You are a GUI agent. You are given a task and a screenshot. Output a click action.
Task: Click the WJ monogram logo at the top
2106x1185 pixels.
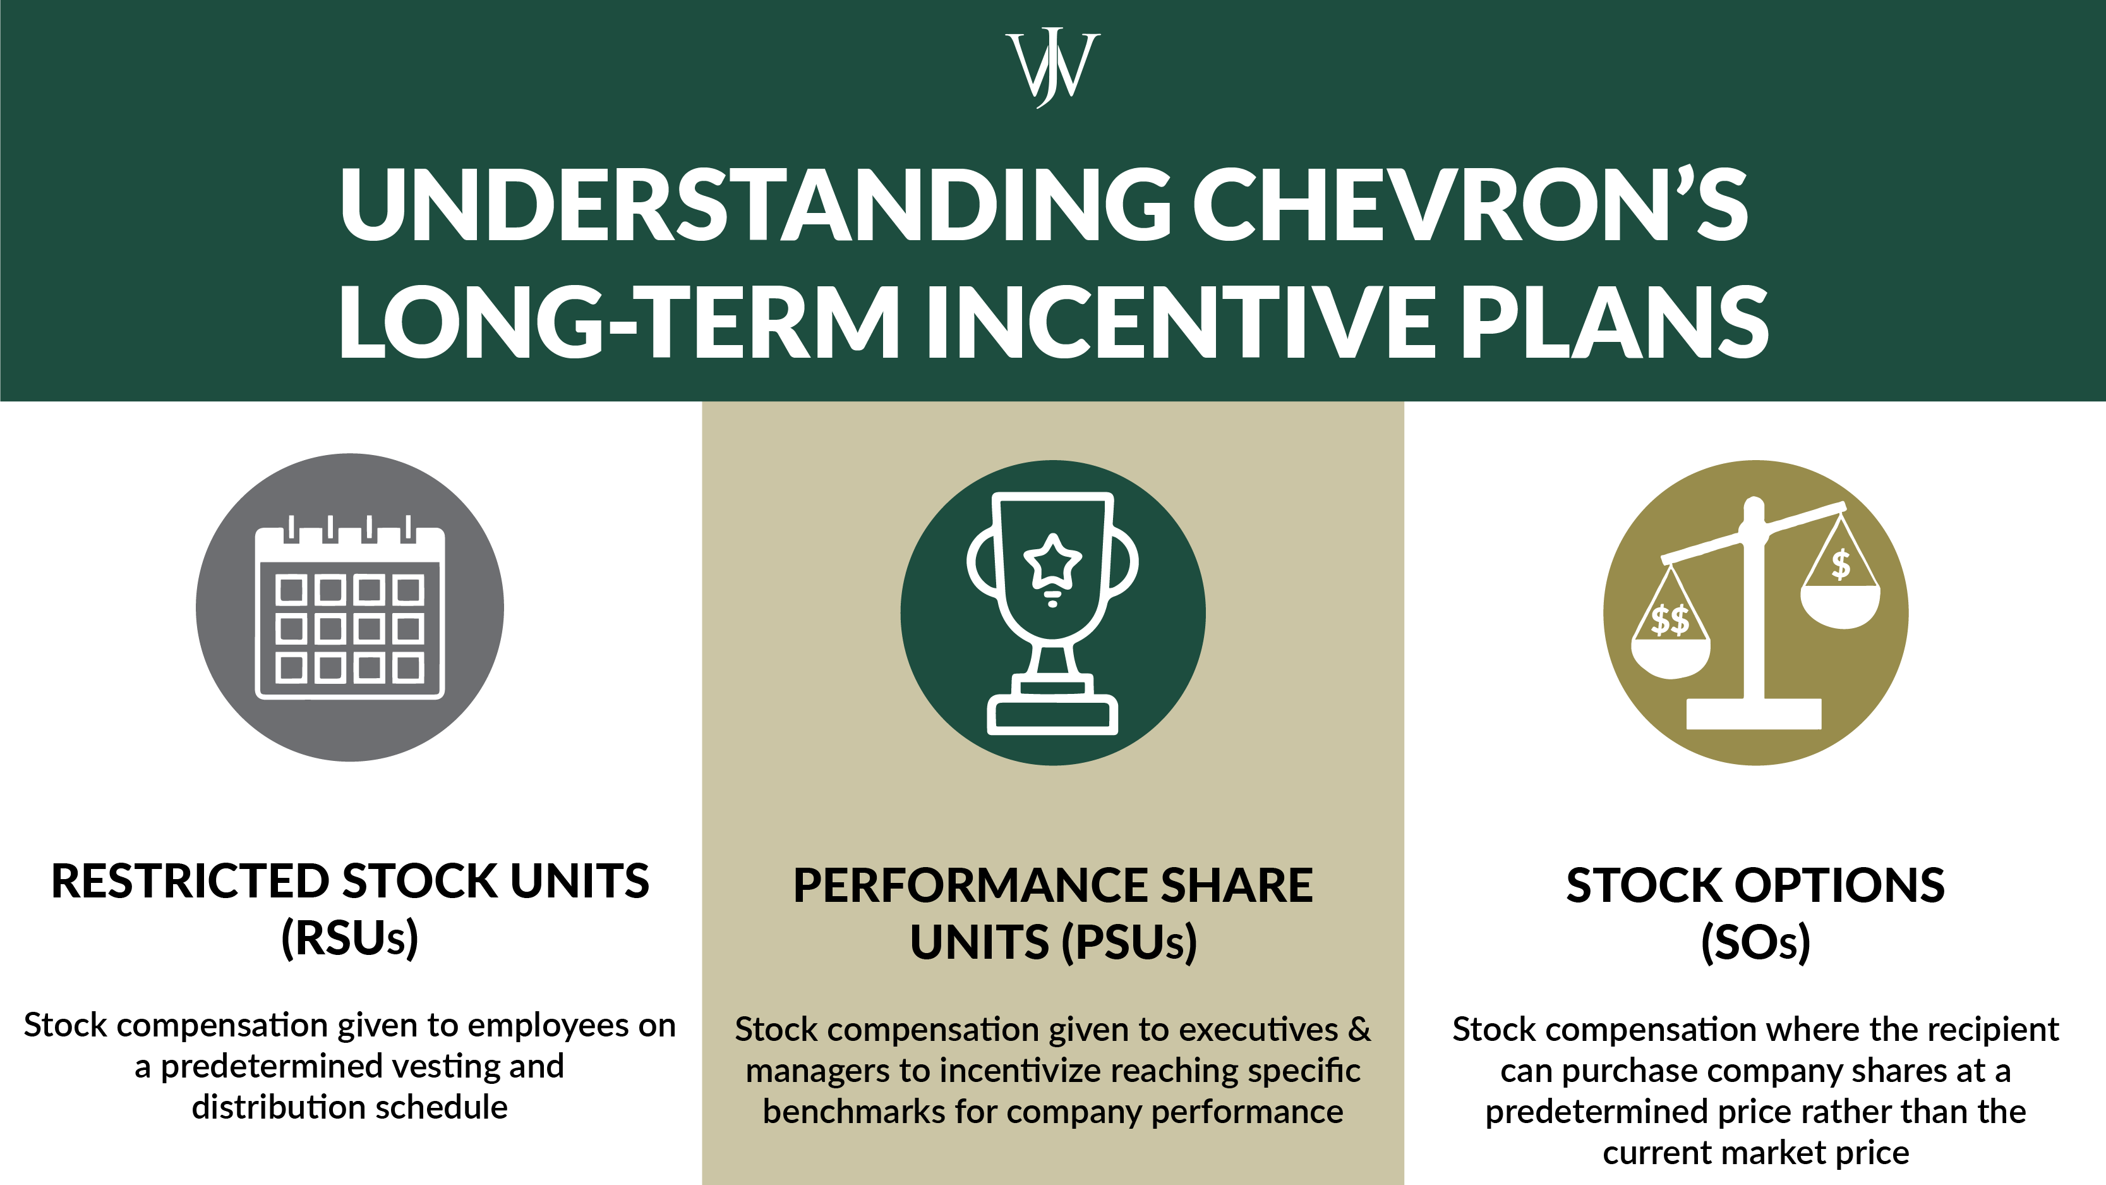[x=1052, y=67]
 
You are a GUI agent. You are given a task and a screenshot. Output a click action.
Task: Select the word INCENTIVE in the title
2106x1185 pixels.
[x=1180, y=322]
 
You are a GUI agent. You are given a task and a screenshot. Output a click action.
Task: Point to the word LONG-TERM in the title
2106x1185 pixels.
[x=619, y=322]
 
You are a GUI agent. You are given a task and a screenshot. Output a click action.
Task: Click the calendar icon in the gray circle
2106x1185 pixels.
[x=350, y=609]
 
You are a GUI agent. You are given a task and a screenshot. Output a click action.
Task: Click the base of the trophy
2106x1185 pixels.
[x=1052, y=714]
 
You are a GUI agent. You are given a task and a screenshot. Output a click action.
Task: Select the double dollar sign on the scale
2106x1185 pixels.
[x=1670, y=620]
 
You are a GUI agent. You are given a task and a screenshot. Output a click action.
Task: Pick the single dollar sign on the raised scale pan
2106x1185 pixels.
[x=1840, y=564]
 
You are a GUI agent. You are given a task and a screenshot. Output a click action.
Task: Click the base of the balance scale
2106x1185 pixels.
[x=1754, y=714]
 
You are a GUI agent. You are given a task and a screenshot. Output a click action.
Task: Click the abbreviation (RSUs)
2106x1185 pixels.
[x=350, y=938]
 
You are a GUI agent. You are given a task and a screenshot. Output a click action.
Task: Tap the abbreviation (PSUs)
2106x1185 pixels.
[x=1129, y=942]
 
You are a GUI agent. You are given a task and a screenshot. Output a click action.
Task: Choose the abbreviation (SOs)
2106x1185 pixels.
[x=1755, y=942]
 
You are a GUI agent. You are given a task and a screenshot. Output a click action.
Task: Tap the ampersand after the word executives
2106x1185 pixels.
[x=1359, y=1029]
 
